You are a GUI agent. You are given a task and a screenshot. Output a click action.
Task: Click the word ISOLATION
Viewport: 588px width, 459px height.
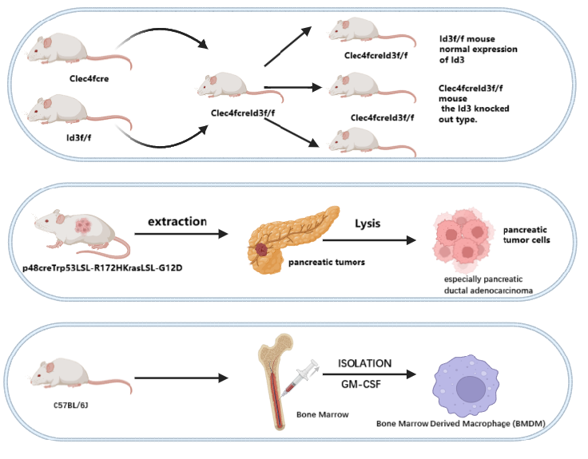364,363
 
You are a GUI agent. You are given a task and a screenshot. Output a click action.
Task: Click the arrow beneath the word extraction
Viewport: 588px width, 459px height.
177,235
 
